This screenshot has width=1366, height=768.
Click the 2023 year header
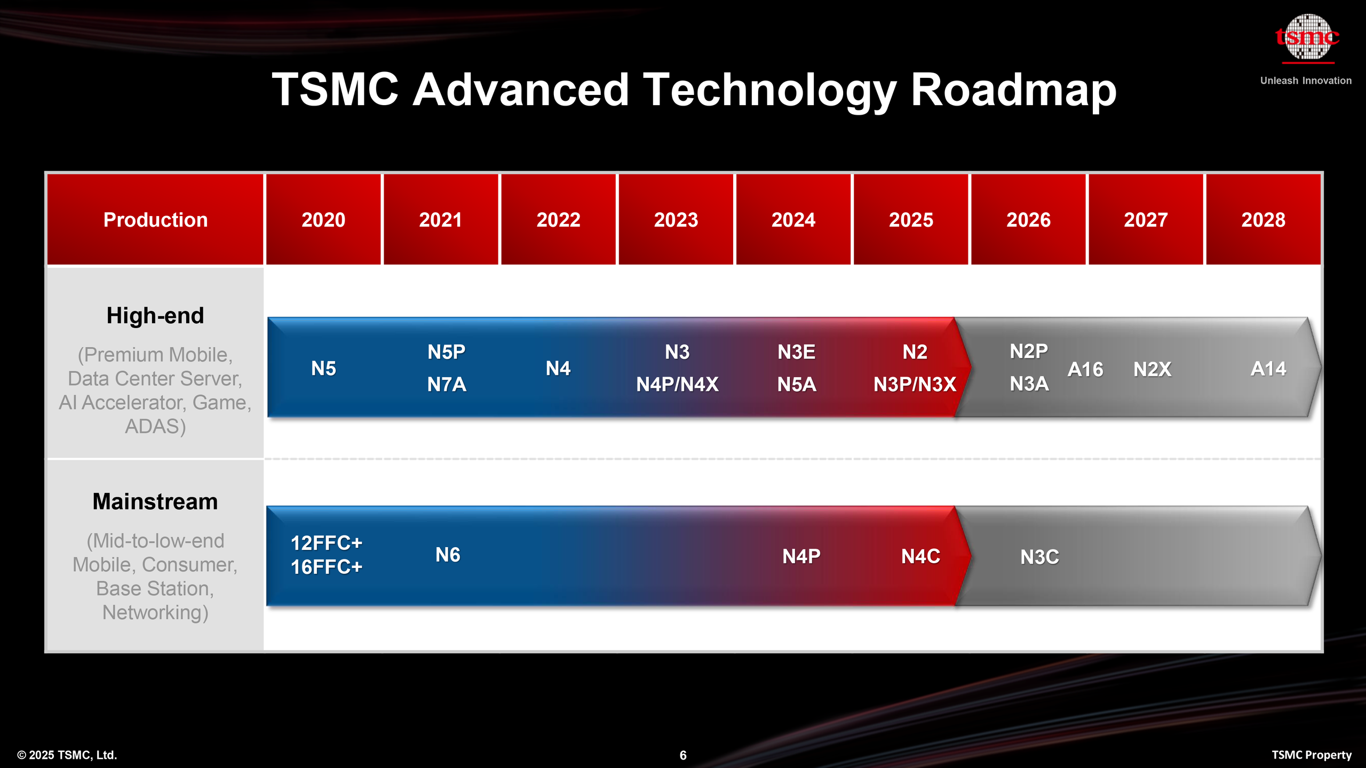pos(676,220)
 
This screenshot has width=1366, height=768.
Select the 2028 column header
pos(1263,220)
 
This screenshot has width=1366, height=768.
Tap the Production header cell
pos(155,220)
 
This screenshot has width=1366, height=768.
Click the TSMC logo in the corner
pos(1307,37)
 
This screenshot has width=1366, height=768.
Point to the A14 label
pos(1268,369)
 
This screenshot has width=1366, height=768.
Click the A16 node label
pos(1085,369)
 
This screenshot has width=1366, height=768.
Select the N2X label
pos(1152,369)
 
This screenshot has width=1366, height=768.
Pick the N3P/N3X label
pos(915,385)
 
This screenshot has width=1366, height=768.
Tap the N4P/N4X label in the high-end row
pos(677,385)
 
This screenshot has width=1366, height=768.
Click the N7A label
pos(447,385)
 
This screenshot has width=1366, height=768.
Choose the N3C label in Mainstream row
pos(1039,557)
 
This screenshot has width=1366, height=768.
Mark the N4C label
pos(920,556)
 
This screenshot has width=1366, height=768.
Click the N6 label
pos(448,555)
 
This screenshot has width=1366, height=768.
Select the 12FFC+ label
pos(326,543)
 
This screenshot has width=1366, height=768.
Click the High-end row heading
pos(155,316)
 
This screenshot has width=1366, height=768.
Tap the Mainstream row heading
pos(155,502)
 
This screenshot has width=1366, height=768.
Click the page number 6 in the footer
pos(683,755)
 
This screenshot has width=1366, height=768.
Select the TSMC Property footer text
pos(1312,755)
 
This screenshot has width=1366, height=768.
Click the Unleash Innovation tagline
pos(1306,81)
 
